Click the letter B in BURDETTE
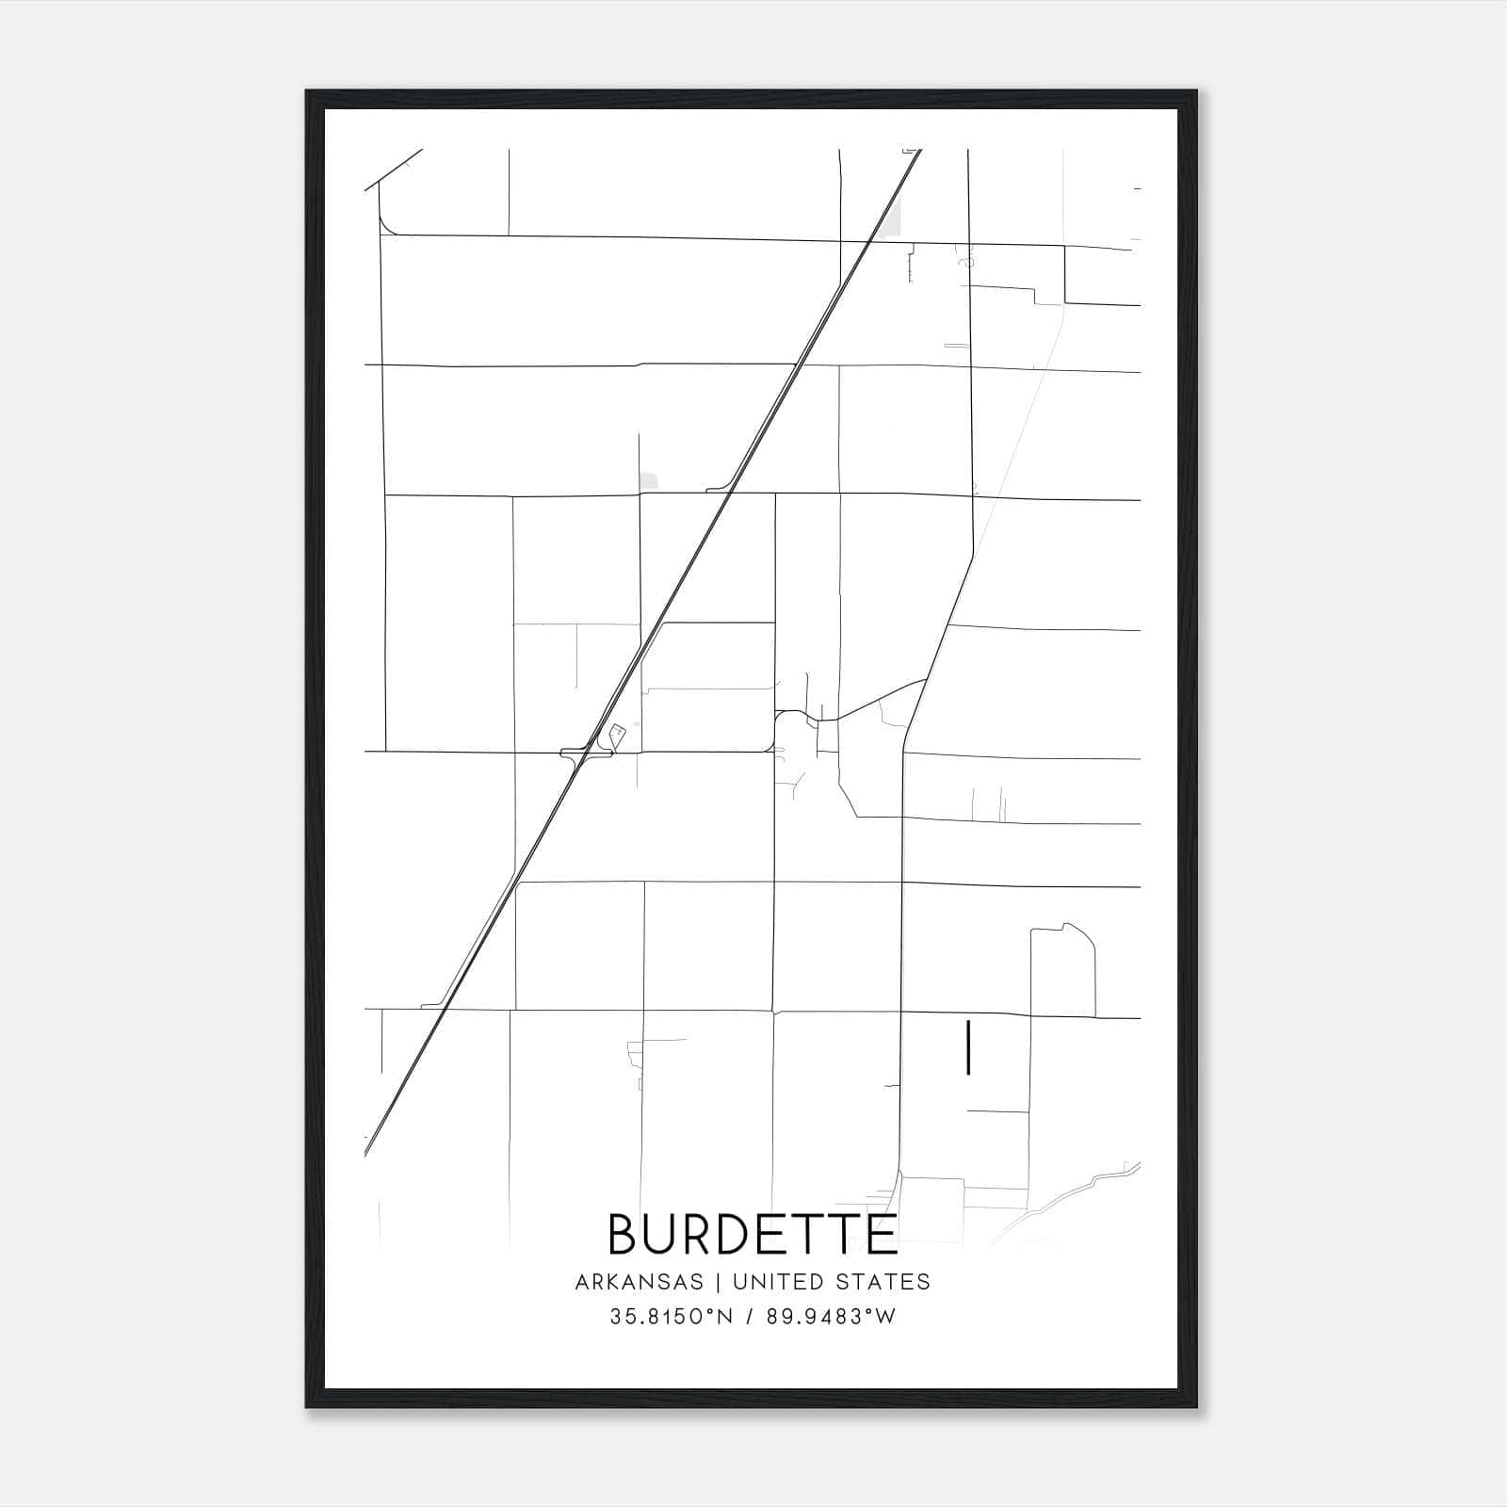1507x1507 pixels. pyautogui.click(x=625, y=1234)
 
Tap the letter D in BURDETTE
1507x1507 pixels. pyautogui.click(x=727, y=1234)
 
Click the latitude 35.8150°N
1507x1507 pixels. pyautogui.click(x=672, y=1317)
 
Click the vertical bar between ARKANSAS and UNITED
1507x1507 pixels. pyautogui.click(x=718, y=1282)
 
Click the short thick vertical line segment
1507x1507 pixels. pyautogui.click(x=968, y=1047)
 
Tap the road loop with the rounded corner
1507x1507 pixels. pyautogui.click(x=1062, y=970)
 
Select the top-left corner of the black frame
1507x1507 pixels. pyautogui.click(x=308, y=92)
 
